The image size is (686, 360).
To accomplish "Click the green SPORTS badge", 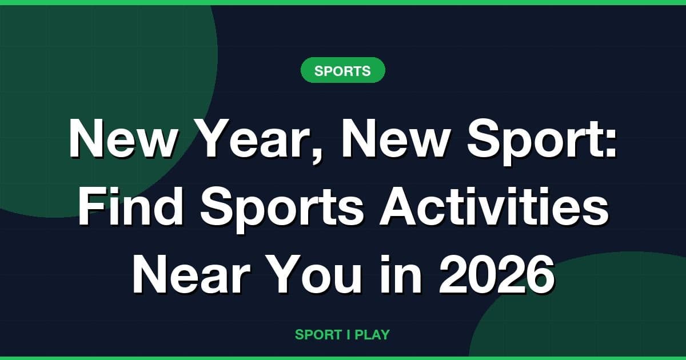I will click(x=342, y=71).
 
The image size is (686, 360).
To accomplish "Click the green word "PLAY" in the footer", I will click(x=372, y=335).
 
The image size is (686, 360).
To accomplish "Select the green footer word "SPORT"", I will click(x=318, y=335).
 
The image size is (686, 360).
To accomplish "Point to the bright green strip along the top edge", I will click(x=343, y=2).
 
